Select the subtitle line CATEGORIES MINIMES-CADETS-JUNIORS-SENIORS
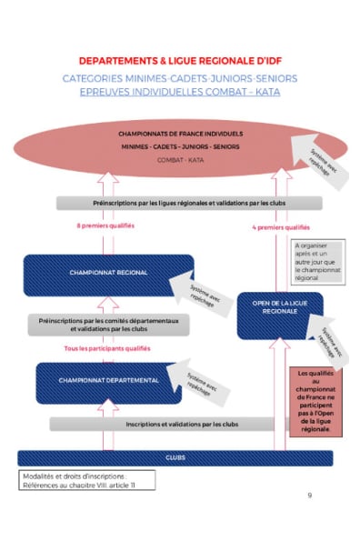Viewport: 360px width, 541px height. (x=180, y=78)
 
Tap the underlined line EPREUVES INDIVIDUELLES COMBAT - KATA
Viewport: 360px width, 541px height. (x=180, y=92)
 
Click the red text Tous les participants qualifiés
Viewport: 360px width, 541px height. (x=107, y=348)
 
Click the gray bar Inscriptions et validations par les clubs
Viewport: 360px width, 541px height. (x=181, y=424)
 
